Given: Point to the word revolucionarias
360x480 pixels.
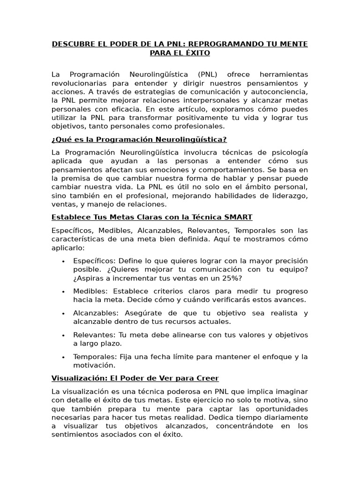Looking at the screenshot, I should tap(78, 83).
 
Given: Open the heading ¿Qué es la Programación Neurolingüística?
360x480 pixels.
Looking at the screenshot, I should tap(139, 139).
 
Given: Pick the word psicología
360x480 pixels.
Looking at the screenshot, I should tap(289, 152).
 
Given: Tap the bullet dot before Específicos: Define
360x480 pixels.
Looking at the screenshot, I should tap(63, 261).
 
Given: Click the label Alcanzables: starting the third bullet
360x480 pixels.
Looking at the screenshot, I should tap(93, 313).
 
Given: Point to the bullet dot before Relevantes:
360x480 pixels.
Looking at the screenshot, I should tap(63, 335).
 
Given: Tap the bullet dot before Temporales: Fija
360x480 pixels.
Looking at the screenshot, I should tap(63, 357).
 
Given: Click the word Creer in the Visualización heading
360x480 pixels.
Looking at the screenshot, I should tap(208, 378).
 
